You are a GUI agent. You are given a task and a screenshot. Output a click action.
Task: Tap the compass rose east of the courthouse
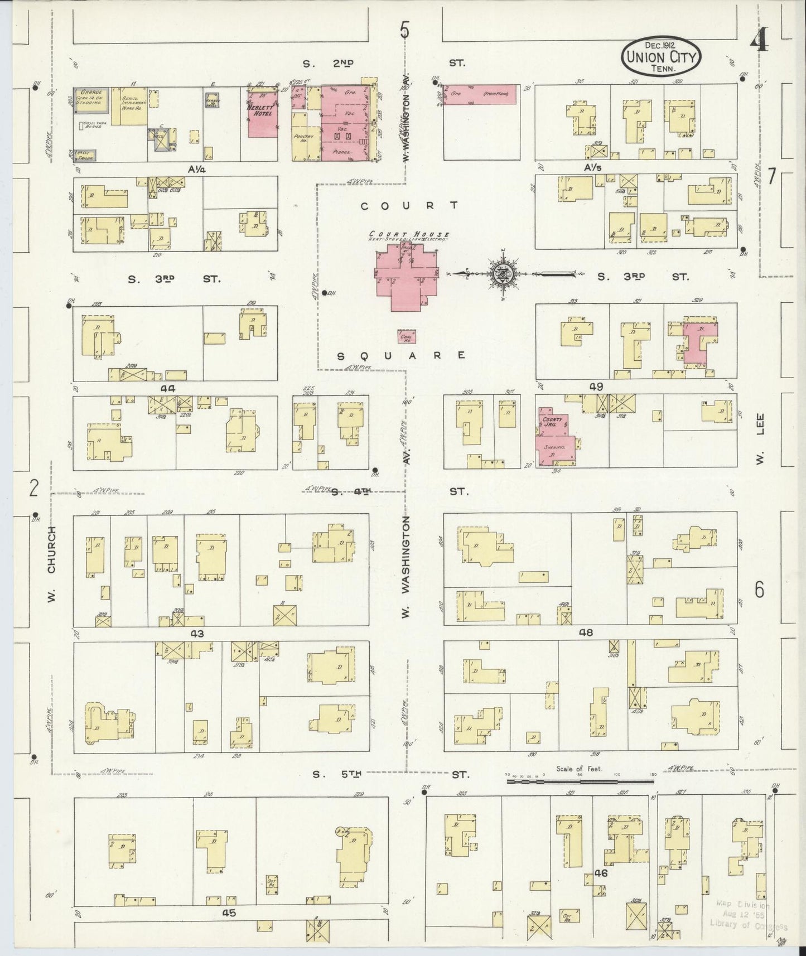[500, 273]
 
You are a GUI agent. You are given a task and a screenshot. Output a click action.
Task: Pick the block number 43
[197, 634]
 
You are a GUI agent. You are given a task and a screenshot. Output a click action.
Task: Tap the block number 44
[168, 388]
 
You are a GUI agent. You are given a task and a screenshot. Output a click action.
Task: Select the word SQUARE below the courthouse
[402, 355]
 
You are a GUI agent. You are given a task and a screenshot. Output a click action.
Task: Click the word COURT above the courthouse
[409, 206]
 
